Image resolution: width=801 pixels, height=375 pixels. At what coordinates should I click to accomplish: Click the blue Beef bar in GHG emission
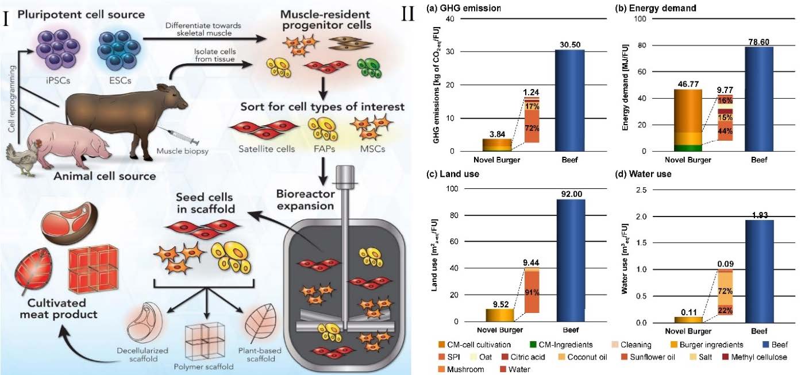click(x=569, y=100)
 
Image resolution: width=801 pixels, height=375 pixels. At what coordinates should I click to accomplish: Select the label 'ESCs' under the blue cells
click(x=122, y=80)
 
